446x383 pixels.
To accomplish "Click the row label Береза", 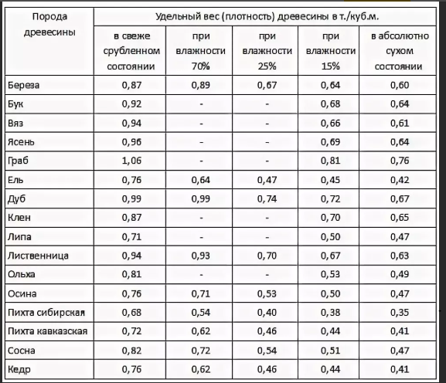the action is click(x=24, y=85).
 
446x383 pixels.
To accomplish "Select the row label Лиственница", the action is click(x=38, y=256).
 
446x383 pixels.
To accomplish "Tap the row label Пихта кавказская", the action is click(x=47, y=331).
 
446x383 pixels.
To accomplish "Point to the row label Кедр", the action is click(x=19, y=369).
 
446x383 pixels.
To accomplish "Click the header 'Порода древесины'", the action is click(x=49, y=25).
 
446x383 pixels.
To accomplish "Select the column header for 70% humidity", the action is click(x=200, y=51).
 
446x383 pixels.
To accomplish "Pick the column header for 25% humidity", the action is click(x=267, y=51).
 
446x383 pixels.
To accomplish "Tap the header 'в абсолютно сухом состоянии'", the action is click(x=400, y=51).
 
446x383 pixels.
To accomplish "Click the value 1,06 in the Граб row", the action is click(x=131, y=161).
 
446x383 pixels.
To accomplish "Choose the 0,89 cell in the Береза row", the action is click(x=200, y=85).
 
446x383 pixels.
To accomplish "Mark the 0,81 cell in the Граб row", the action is click(x=330, y=161).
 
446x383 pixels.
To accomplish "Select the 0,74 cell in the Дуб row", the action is click(x=267, y=199).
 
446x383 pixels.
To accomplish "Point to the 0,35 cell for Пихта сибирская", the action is click(x=400, y=313).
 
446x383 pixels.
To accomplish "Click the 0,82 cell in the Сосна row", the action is click(x=131, y=351).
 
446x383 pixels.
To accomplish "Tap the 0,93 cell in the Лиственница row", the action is click(x=200, y=256).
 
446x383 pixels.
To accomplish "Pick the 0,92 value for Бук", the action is click(x=131, y=104).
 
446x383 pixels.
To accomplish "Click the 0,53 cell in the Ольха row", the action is click(x=330, y=274).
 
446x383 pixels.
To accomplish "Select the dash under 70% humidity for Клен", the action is click(x=202, y=219).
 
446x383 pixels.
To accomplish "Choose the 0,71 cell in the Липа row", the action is click(x=131, y=237).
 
